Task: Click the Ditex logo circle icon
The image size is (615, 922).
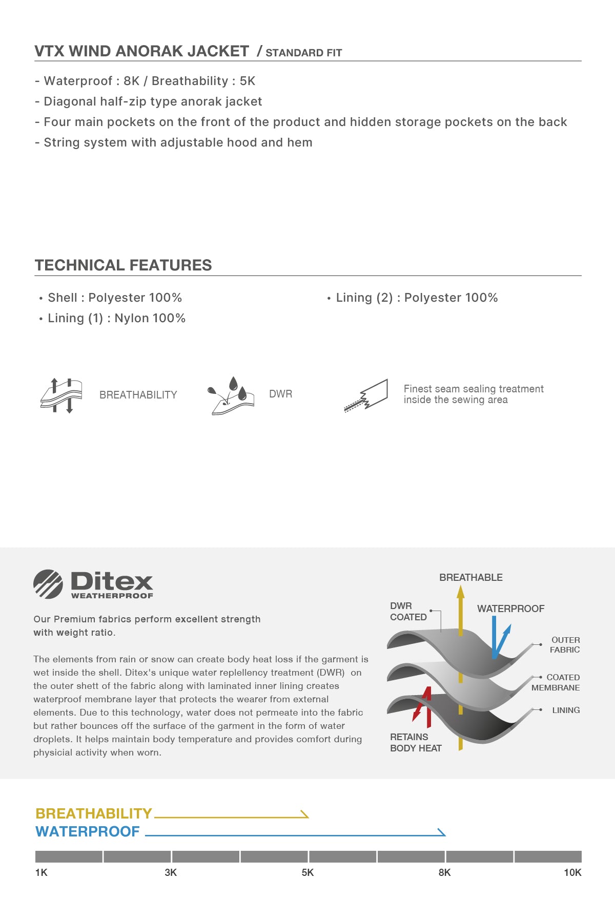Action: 48,584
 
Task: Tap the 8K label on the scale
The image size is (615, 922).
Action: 444,872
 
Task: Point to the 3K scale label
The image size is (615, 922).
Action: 171,872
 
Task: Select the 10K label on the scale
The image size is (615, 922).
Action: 572,872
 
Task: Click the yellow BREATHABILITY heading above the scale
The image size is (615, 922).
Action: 94,813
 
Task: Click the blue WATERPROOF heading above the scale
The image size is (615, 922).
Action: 88,831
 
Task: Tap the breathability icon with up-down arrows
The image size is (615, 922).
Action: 61,395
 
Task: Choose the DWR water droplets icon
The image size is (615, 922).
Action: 231,395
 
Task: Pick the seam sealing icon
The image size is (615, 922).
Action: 366,395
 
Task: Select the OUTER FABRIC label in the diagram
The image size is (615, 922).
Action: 565,645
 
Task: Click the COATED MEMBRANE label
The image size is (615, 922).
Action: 556,682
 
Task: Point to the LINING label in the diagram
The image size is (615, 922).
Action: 566,710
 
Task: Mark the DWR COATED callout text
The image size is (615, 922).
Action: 408,611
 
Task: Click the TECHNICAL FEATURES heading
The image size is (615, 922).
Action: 123,265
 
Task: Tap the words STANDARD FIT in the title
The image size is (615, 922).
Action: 303,53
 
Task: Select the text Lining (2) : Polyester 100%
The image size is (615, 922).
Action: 416,298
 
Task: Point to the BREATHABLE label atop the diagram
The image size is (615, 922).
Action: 470,577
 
